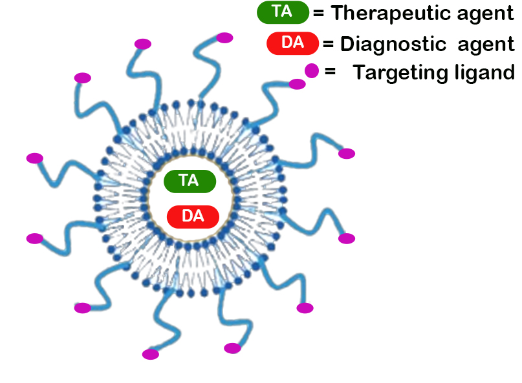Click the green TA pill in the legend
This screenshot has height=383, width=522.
coord(283,12)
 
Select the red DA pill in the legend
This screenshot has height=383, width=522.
coord(292,43)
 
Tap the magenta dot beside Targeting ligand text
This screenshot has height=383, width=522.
coord(312,70)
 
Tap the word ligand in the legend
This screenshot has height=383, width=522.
coord(482,73)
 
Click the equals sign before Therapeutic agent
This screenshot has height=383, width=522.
coord(318,12)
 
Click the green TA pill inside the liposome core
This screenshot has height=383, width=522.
coord(190,181)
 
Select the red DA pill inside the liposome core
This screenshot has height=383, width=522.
coord(193,216)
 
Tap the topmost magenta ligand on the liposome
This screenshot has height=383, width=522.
coord(224,37)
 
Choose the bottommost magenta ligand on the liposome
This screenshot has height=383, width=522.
coord(151,354)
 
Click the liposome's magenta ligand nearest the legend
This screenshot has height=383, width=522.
coord(297,84)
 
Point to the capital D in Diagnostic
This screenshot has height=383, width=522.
coord(345,44)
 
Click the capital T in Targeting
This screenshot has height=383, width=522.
coord(358,72)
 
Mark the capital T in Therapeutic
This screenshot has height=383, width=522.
coord(337,13)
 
